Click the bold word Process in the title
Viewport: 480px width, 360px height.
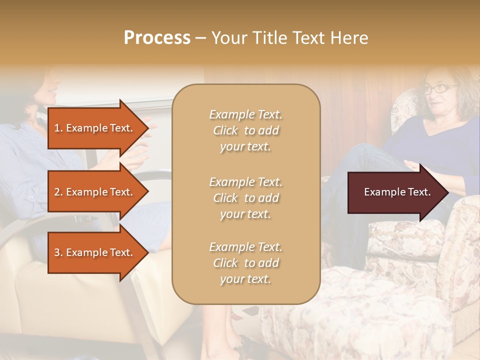[157, 38]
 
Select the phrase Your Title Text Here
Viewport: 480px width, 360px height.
[289, 38]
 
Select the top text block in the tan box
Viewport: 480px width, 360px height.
[245, 130]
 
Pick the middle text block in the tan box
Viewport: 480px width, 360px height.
[245, 198]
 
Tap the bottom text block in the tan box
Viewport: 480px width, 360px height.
[245, 263]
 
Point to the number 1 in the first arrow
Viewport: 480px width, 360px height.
[57, 128]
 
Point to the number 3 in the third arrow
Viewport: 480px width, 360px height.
[57, 252]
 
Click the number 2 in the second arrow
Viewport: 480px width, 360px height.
[57, 192]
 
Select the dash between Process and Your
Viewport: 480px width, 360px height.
[200, 38]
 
